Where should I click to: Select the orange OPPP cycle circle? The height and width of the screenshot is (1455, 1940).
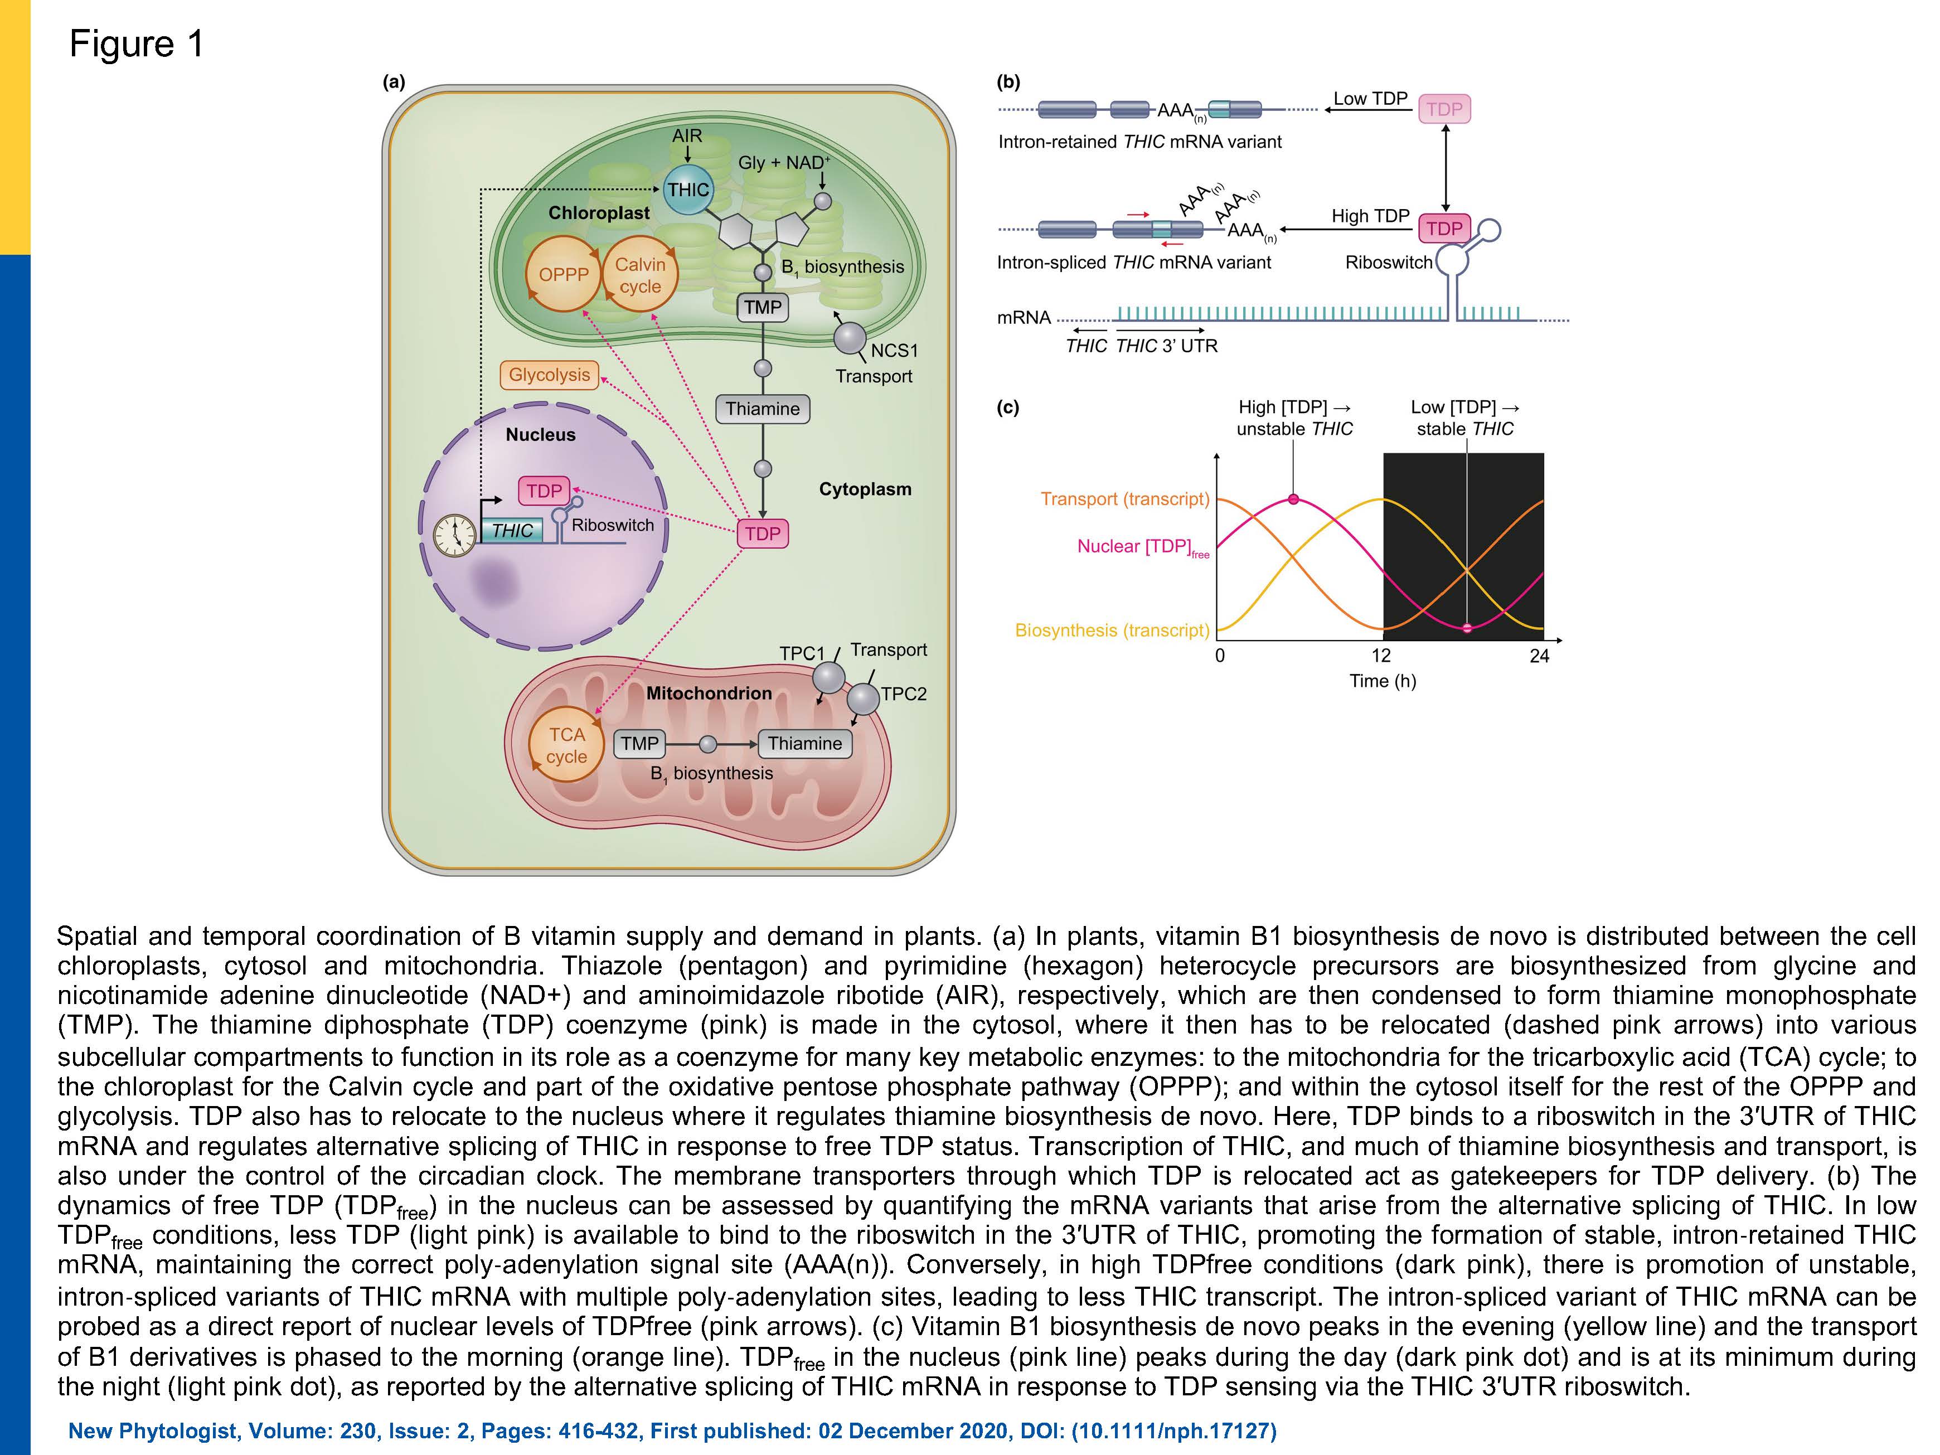(x=563, y=274)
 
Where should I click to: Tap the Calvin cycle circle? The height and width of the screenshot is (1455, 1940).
(x=640, y=274)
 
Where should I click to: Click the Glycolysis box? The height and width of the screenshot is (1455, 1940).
(x=549, y=375)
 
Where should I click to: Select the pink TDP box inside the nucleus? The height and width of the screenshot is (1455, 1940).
(x=544, y=490)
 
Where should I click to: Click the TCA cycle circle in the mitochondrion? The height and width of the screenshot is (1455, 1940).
(x=566, y=745)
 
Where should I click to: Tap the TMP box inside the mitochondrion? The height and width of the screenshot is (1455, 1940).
(x=639, y=744)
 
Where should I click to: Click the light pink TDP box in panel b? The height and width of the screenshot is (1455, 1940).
(x=1444, y=109)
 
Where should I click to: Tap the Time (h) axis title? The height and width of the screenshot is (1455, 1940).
(x=1382, y=681)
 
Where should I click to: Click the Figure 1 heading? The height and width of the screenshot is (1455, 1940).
(x=137, y=44)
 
